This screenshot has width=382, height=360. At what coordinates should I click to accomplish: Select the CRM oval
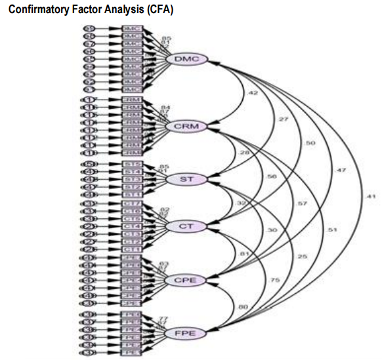tap(187, 125)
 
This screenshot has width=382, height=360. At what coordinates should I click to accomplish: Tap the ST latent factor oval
tap(187, 178)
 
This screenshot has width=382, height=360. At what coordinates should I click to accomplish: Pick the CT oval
tap(187, 226)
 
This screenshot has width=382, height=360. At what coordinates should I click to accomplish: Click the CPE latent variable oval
tap(187, 281)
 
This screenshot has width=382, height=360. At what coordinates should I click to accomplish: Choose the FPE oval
tap(187, 334)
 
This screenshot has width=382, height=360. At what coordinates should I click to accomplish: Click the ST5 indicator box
tap(133, 164)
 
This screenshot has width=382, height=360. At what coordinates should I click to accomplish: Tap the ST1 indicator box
tap(133, 194)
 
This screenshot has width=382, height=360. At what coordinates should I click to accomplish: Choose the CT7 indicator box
tap(133, 204)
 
